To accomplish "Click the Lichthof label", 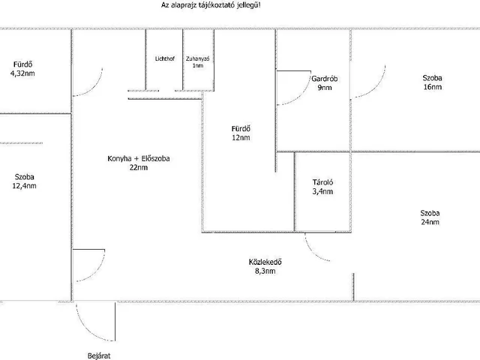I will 165,58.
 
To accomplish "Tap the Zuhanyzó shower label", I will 197,58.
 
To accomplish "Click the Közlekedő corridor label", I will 265,262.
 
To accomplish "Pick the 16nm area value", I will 431,87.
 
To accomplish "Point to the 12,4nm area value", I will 25,186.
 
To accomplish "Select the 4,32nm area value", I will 22,73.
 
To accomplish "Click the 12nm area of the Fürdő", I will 241,138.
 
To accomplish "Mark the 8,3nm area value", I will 265,271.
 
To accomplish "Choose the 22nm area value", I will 137,168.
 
